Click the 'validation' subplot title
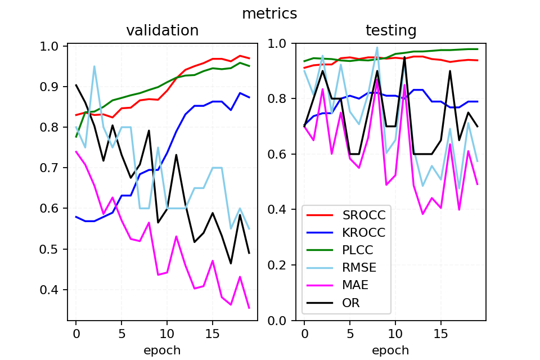tap(162, 30)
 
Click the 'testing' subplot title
tap(391, 30)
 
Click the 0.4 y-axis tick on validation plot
tap(53, 290)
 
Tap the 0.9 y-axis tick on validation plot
tap(53, 87)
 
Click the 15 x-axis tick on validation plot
tap(213, 333)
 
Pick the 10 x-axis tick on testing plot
tap(395, 333)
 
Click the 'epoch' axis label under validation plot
tap(162, 350)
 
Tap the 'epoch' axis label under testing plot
tap(391, 350)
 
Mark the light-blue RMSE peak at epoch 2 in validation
tap(94, 66)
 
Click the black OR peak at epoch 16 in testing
tap(450, 71)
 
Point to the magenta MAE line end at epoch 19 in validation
tap(249, 308)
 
